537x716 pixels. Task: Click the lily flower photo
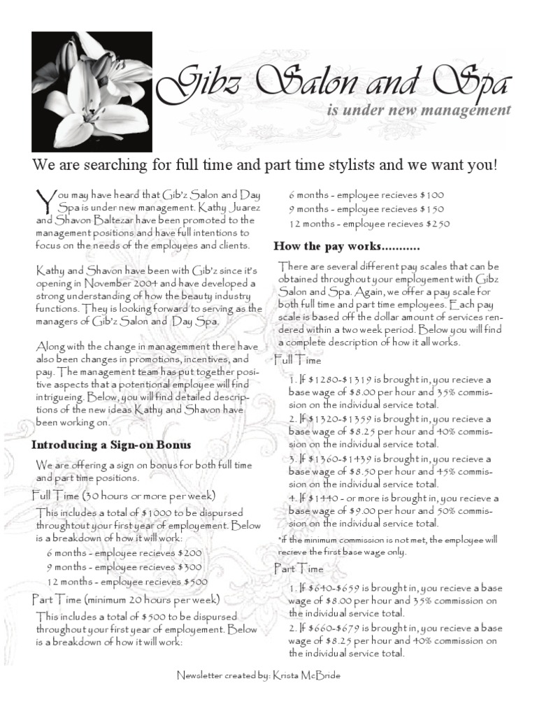coord(92,92)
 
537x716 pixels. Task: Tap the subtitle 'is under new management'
coord(418,110)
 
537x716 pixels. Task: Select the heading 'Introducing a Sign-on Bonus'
coord(111,445)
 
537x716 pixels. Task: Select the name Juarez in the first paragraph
coord(238,208)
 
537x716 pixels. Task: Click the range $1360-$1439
coord(329,459)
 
